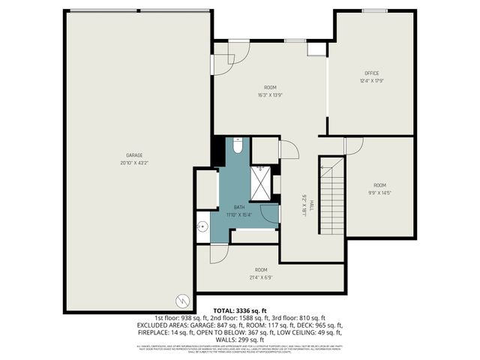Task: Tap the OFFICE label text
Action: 372,73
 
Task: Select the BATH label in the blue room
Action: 239,207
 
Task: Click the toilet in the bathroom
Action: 237,145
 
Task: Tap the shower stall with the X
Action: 260,184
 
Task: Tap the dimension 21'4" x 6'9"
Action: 261,276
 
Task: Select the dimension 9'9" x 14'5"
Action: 380,192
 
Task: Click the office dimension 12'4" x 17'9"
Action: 372,80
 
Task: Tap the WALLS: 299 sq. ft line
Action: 239,339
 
